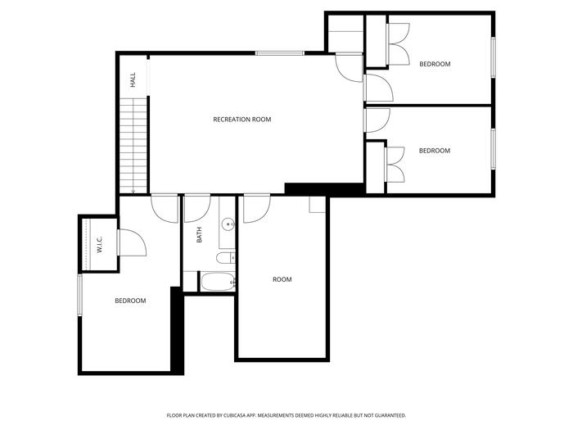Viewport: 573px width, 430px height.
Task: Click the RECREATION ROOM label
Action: tap(242, 120)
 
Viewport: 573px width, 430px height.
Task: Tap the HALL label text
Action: tap(133, 79)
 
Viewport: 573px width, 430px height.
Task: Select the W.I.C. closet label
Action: tap(99, 244)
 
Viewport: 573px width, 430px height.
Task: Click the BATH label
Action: tap(199, 235)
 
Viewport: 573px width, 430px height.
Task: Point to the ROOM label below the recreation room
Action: tap(282, 280)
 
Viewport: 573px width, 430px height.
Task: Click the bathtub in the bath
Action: tap(218, 282)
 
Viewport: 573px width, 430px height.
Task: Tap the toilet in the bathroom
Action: tap(225, 258)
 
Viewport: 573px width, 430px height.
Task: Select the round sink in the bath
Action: tap(228, 224)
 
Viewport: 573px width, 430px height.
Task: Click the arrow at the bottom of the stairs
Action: tap(133, 191)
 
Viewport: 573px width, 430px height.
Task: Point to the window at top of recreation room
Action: tap(280, 53)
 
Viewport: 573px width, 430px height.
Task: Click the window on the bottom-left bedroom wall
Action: tap(79, 295)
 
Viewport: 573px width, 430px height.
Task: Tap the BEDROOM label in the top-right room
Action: tap(435, 65)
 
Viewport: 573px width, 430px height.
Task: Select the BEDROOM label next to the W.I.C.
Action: tap(130, 301)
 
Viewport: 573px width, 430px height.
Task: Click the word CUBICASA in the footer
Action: tap(235, 415)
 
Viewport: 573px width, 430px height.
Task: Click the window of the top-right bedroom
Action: tap(493, 57)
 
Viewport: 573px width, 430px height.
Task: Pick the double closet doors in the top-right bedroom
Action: tap(399, 44)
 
